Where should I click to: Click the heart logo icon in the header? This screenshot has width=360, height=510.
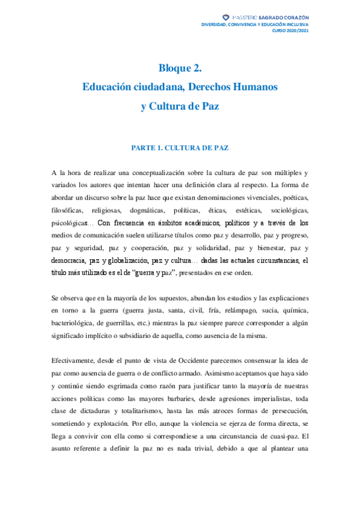click(x=225, y=17)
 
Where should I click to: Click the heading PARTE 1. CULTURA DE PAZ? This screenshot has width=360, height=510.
click(x=180, y=147)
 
